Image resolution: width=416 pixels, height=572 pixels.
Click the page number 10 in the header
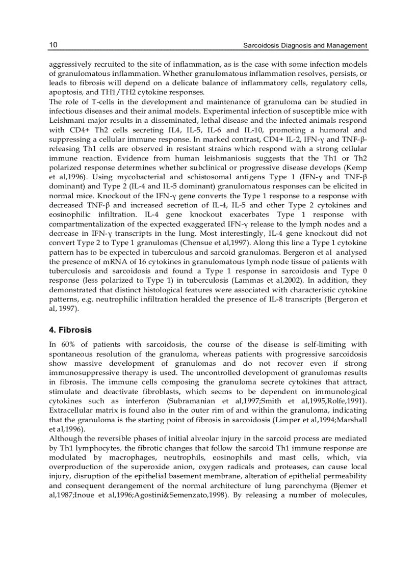[x=53, y=45]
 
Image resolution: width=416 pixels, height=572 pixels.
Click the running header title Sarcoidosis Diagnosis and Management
[x=305, y=45]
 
